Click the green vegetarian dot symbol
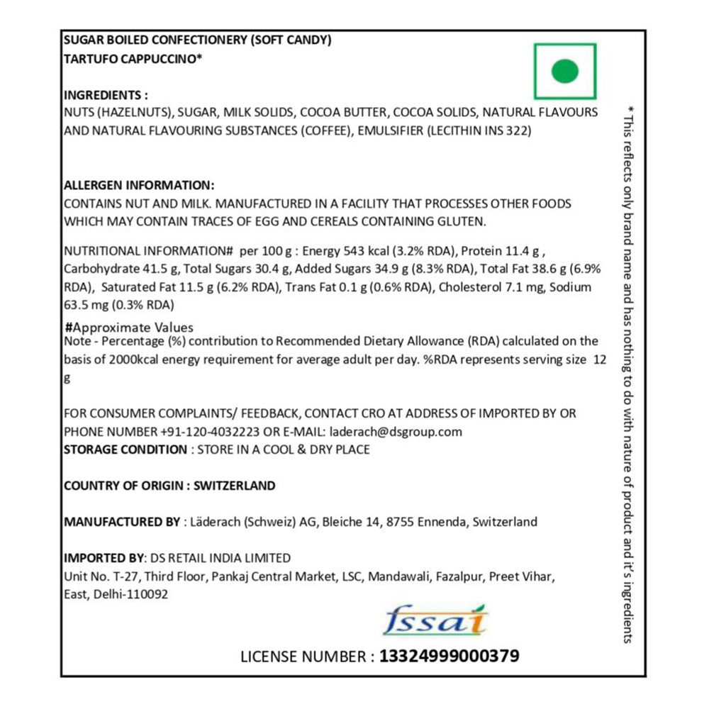point(565,71)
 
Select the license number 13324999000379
point(450,656)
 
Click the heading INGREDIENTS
point(106,95)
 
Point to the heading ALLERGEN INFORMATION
point(139,186)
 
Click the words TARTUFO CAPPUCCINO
point(133,60)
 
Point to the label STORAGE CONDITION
point(125,450)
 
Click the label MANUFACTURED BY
point(122,522)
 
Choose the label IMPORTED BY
point(103,558)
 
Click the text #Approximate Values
point(128,328)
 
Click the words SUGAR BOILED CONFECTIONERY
point(155,40)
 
